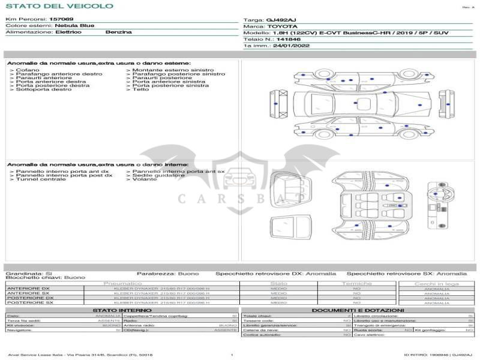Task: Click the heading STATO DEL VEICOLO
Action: click(59, 6)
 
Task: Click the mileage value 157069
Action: click(61, 19)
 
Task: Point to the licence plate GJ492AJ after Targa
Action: click(281, 20)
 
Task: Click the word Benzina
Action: click(118, 32)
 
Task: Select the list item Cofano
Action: click(28, 70)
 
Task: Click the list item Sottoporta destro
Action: click(43, 89)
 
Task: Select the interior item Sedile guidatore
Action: click(159, 175)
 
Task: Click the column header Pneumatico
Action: click(123, 283)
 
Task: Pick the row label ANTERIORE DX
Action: click(28, 289)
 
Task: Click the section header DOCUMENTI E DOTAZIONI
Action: click(358, 310)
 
